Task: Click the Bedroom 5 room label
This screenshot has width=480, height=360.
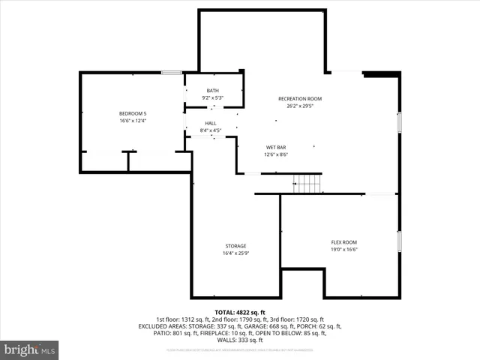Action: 132,112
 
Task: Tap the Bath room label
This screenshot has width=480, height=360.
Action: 213,91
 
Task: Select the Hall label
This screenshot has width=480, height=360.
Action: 210,124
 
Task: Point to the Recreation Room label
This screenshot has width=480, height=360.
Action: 300,99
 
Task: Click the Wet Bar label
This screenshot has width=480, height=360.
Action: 276,147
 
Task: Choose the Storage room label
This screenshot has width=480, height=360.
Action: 235,246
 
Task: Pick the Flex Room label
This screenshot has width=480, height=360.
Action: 344,242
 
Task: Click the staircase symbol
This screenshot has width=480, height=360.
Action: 306,182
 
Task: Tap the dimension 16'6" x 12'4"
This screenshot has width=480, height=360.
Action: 132,120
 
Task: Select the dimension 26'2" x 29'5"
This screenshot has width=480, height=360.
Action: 300,106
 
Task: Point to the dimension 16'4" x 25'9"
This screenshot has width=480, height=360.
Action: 235,253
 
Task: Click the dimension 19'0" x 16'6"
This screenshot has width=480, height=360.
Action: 344,250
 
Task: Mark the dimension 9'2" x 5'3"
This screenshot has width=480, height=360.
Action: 213,97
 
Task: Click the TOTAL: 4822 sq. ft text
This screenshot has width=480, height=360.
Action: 240,312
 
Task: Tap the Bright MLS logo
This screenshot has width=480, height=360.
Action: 30,349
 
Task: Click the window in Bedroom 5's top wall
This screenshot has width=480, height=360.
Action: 172,73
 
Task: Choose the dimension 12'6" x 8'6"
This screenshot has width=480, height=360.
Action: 276,154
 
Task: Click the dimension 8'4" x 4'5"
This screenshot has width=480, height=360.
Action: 210,131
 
